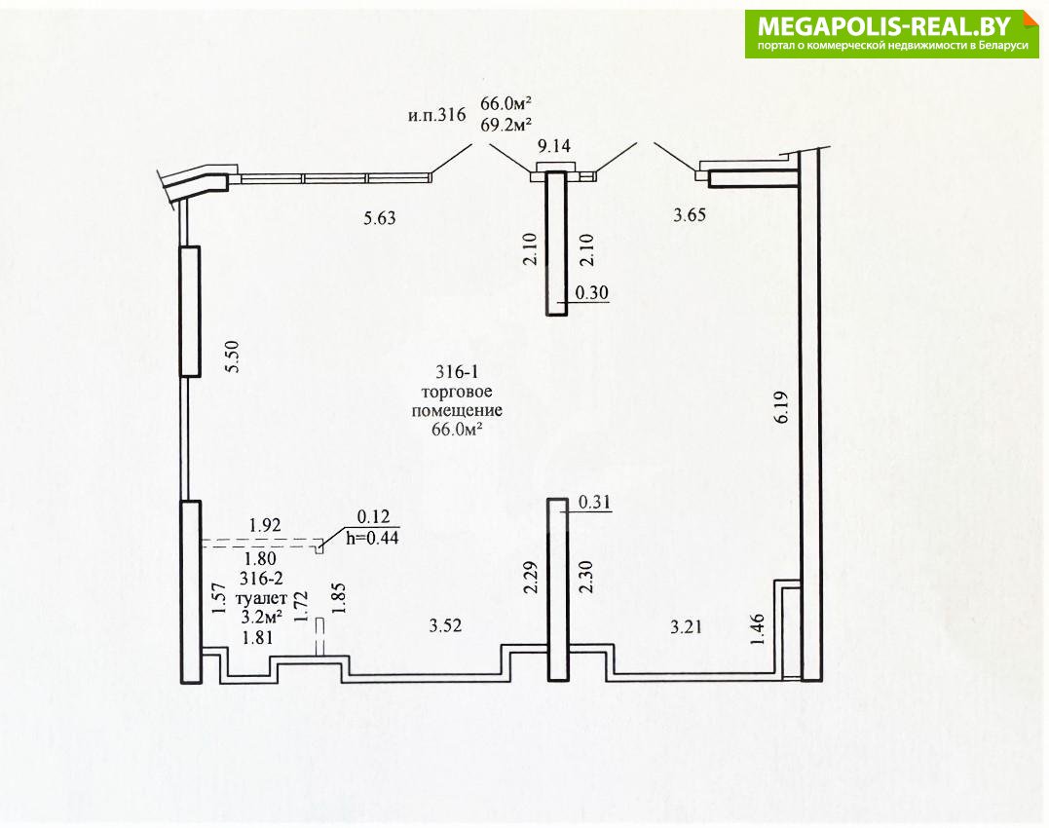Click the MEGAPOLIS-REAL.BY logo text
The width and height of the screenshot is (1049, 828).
pyautogui.click(x=884, y=26)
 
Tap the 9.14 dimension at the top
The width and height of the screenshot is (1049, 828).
pyautogui.click(x=554, y=146)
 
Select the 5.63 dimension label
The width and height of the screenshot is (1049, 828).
pyautogui.click(x=379, y=218)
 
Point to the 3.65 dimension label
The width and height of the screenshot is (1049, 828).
pyautogui.click(x=689, y=214)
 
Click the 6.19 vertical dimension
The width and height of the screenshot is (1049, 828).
pyautogui.click(x=781, y=407)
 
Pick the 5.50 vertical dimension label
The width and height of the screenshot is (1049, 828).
pyautogui.click(x=232, y=358)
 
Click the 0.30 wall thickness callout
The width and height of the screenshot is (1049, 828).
pyautogui.click(x=592, y=292)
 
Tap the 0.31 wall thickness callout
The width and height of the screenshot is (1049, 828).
pyautogui.click(x=594, y=502)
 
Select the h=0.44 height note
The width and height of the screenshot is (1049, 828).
pyautogui.click(x=372, y=537)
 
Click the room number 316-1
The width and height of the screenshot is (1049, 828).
pyautogui.click(x=457, y=372)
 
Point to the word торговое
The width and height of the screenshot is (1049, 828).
pyautogui.click(x=457, y=392)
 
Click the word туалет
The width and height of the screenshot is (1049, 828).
pyautogui.click(x=262, y=597)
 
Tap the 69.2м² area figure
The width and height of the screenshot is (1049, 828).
pyautogui.click(x=506, y=125)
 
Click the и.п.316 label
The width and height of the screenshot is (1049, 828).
pyautogui.click(x=437, y=115)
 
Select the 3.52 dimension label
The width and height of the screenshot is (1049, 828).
pyautogui.click(x=445, y=626)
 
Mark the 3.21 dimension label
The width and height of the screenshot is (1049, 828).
pyautogui.click(x=687, y=626)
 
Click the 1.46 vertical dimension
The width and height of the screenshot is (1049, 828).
pyautogui.click(x=758, y=629)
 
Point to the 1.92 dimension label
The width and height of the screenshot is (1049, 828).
pyautogui.click(x=265, y=525)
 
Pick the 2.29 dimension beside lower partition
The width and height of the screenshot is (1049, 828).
pyautogui.click(x=531, y=578)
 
